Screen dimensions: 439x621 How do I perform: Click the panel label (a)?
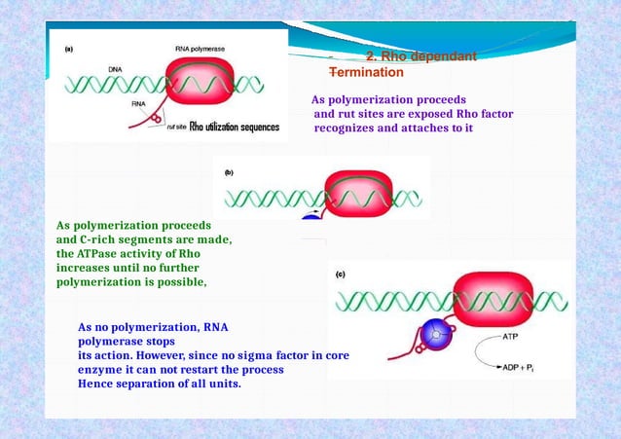(70, 47)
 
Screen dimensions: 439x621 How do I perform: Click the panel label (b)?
(229, 172)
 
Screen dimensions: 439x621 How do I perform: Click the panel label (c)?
(340, 274)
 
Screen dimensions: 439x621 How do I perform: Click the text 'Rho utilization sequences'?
(235, 128)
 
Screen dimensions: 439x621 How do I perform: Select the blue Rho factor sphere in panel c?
(439, 337)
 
